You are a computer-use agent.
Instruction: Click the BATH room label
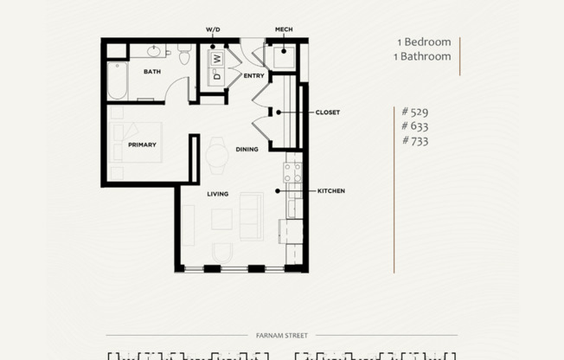coord(152,72)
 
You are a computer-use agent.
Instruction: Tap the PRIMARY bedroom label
coord(142,145)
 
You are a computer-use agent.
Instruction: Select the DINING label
coord(247,150)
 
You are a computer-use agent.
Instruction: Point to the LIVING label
coord(217,194)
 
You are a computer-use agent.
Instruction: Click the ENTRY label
coord(253,76)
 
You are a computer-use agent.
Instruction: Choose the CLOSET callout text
coord(327,112)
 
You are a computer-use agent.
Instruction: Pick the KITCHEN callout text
coord(330,190)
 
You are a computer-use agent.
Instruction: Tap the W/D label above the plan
coord(213,29)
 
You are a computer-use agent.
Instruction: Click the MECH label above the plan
coord(284,29)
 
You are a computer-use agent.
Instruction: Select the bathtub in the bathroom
coord(118,82)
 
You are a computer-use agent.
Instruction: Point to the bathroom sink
coord(155,50)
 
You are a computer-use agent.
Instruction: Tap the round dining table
coord(216,154)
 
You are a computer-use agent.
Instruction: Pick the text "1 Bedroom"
coord(423,42)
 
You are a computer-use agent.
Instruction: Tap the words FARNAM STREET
coord(281,335)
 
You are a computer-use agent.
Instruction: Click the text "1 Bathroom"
coord(423,56)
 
